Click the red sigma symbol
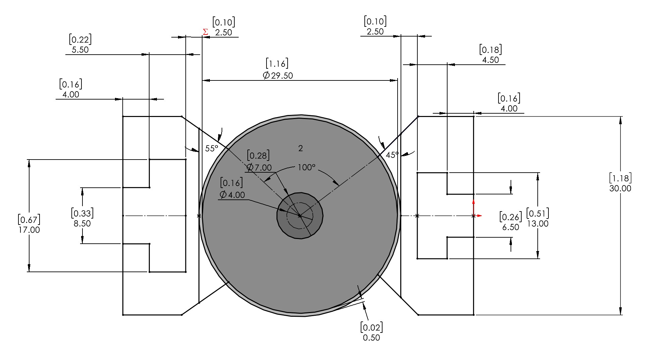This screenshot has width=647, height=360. tap(205, 32)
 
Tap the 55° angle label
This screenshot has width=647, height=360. tap(212, 148)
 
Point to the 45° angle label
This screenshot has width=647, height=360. tap(392, 155)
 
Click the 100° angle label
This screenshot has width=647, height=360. tap(307, 167)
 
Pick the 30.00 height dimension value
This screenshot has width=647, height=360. tap(620, 188)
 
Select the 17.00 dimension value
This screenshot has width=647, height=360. tap(29, 230)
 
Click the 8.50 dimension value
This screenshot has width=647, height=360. tap(82, 224)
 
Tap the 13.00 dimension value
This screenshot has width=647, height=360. tap(538, 224)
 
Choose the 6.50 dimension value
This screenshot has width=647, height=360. tap(511, 227)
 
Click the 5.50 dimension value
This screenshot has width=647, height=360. tap(80, 50)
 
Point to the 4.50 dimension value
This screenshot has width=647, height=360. tap(490, 60)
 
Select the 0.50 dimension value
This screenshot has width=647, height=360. tap(371, 338)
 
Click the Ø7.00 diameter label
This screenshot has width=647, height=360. tap(259, 167)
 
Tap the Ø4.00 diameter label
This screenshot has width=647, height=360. tap(232, 195)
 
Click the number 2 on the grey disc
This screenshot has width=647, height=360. tap(300, 148)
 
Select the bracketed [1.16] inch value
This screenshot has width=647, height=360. tap(277, 63)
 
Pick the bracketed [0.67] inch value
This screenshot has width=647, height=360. tap(29, 220)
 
